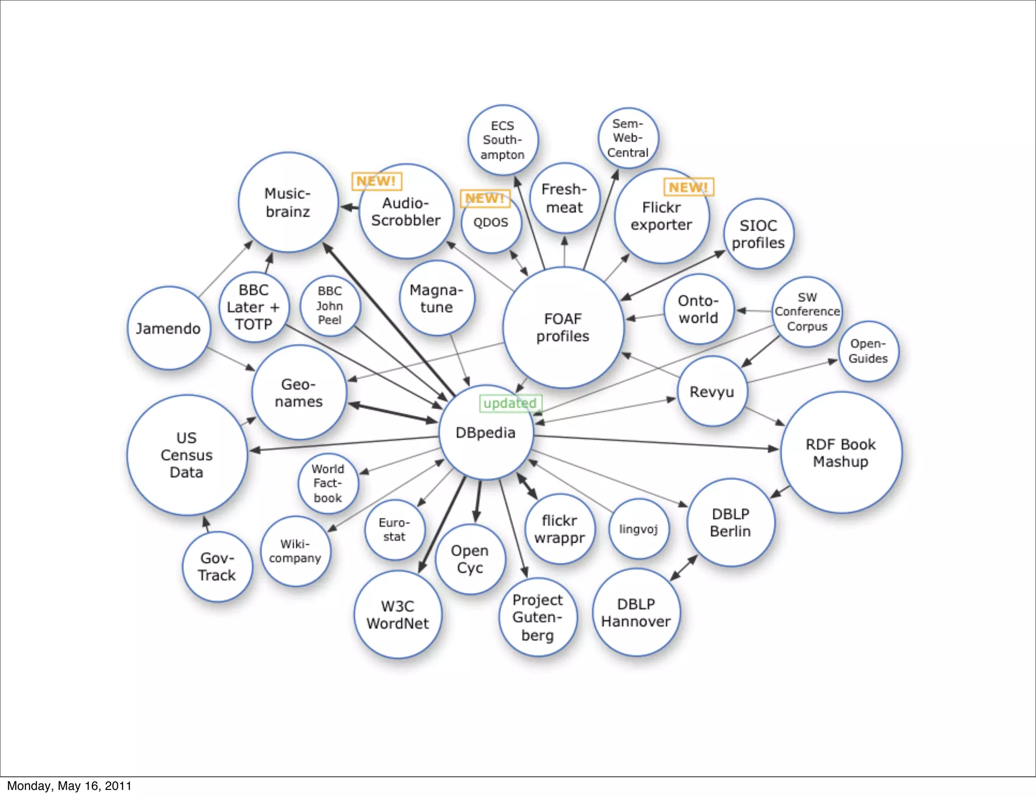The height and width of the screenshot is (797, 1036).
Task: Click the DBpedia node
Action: (x=486, y=432)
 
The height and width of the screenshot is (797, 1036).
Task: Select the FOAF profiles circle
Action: (x=563, y=328)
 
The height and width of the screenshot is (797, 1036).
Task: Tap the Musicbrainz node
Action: (x=288, y=202)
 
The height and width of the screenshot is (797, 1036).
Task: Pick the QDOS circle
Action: (x=491, y=223)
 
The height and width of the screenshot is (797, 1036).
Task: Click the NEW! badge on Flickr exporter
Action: (x=688, y=187)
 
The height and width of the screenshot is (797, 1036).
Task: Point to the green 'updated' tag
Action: (x=510, y=403)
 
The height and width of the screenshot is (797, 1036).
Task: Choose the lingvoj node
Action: (x=638, y=529)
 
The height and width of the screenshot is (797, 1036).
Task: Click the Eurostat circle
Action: (x=394, y=529)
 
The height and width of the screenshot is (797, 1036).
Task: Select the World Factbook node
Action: (x=328, y=483)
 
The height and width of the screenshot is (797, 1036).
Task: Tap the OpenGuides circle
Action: (x=868, y=351)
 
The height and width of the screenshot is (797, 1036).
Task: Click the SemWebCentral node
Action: (x=628, y=138)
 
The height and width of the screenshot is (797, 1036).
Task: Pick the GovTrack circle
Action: (x=217, y=566)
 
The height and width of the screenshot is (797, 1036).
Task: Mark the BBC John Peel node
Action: (x=330, y=305)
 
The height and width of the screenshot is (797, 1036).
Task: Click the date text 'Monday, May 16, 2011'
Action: (x=69, y=786)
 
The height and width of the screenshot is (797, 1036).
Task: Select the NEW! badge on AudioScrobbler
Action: (x=376, y=181)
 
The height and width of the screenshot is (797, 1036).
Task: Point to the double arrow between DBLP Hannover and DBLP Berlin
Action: (x=684, y=568)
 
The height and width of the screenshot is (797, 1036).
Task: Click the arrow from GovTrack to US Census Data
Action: (x=206, y=524)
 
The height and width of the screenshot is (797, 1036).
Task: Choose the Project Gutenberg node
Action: (x=537, y=617)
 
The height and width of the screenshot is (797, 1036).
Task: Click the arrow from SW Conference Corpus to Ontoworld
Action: (x=754, y=311)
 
